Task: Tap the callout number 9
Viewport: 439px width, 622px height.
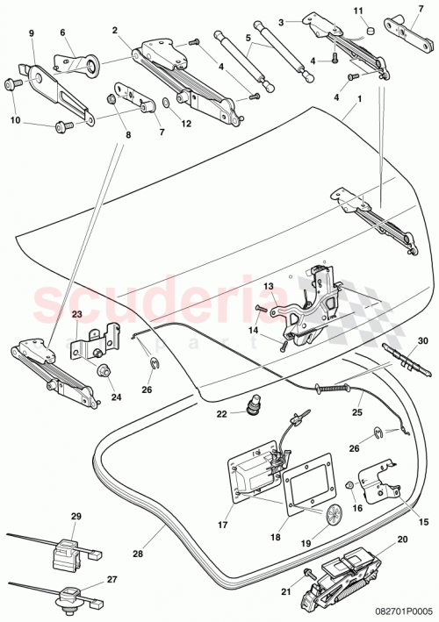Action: click(31, 32)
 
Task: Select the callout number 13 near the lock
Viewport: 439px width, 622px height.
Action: click(269, 286)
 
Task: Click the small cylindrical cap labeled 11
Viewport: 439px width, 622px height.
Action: click(370, 30)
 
